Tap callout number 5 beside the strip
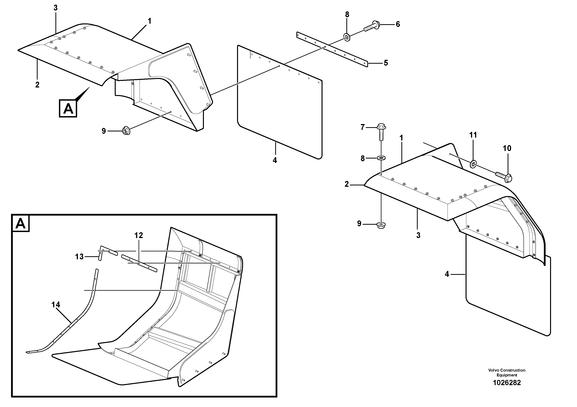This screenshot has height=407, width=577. click(x=386, y=63)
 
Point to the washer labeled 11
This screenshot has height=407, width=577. click(x=473, y=165)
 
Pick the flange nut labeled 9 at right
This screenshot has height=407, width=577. click(x=381, y=225)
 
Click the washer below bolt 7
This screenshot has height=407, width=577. click(x=381, y=158)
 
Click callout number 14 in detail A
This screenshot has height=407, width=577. click(x=56, y=305)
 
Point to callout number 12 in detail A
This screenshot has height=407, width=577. click(x=138, y=235)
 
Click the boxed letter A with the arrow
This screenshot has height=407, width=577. click(x=68, y=108)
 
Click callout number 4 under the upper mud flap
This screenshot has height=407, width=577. click(x=275, y=160)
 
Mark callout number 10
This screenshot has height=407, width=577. click(x=507, y=148)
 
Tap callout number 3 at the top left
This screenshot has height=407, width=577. click(x=56, y=8)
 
